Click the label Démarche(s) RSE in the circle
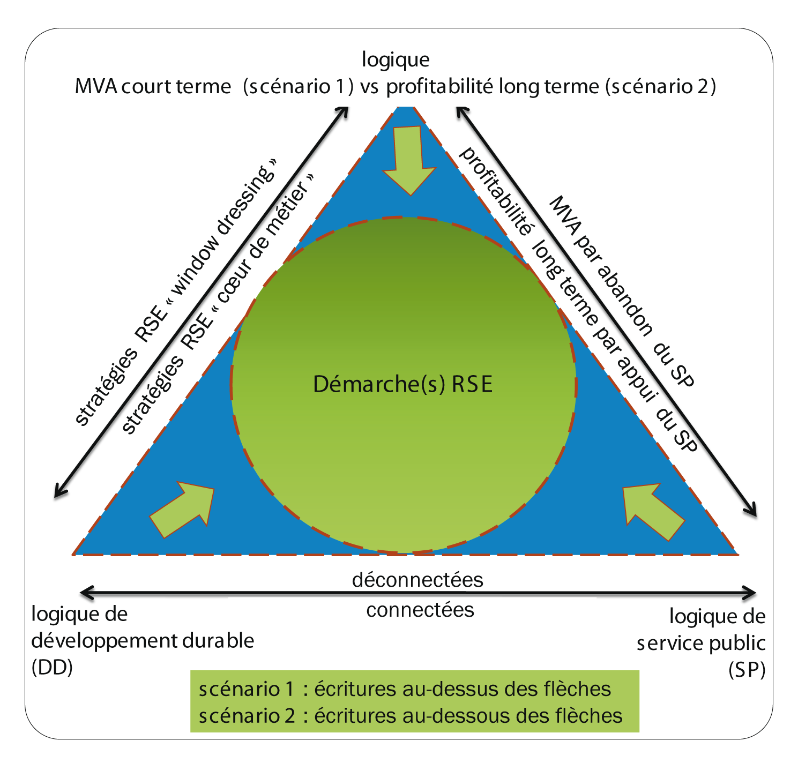tap(402, 385)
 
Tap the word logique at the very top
tap(396, 60)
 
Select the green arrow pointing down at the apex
tap(409, 160)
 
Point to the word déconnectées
tap(417, 580)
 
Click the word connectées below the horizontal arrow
tap(420, 610)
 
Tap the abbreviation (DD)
tap(52, 668)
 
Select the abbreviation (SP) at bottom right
tap(747, 670)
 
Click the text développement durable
tap(143, 641)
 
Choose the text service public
tap(701, 644)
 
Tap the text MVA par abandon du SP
tap(622, 291)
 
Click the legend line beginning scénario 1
tap(405, 689)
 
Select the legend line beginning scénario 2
tap(411, 716)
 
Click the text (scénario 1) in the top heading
tap(298, 87)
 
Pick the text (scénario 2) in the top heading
tap(661, 87)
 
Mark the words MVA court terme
tap(153, 87)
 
